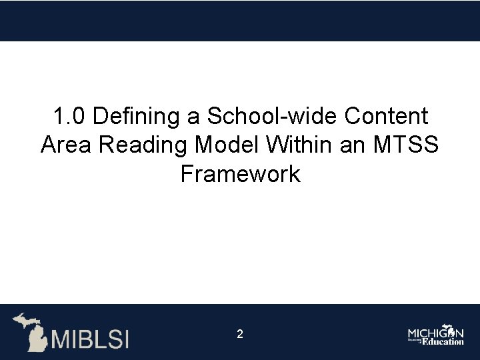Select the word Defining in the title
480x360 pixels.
(137, 117)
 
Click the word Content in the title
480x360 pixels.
(387, 117)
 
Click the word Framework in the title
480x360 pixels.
(240, 175)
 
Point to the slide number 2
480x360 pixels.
(240, 334)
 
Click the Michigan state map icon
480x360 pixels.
(29, 329)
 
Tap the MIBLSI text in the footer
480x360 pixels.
(90, 339)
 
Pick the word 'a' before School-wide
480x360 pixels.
(193, 117)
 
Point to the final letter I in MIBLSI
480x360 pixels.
(125, 339)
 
